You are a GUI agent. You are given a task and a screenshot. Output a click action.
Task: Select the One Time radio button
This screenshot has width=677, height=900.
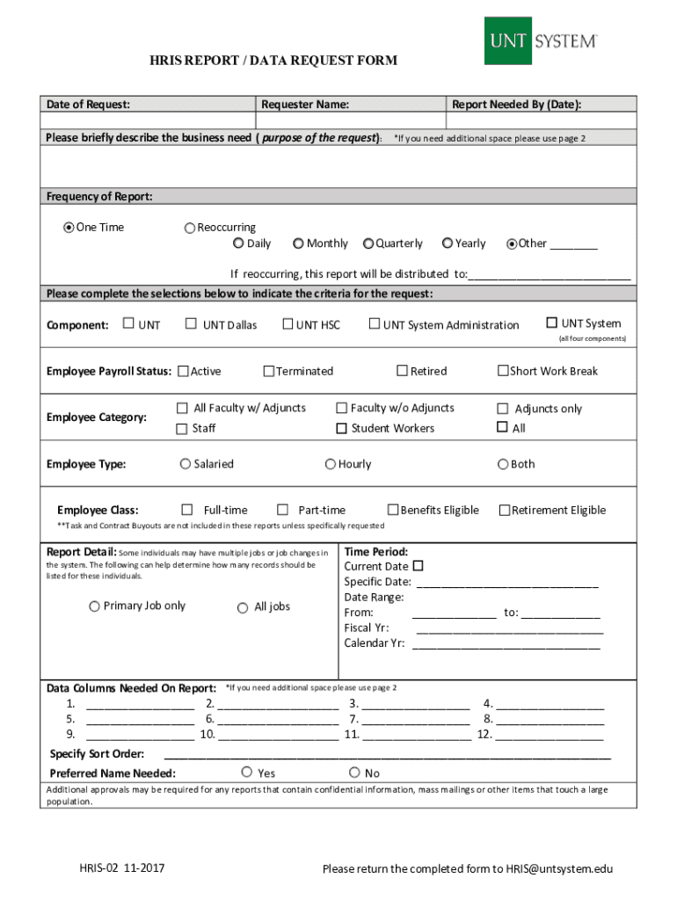click(x=69, y=228)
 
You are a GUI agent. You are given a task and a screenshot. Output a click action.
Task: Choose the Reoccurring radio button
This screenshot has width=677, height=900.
click(x=189, y=229)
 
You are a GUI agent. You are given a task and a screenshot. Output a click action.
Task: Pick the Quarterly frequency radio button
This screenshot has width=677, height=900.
click(x=369, y=243)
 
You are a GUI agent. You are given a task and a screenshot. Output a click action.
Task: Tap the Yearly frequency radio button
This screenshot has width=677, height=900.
click(x=448, y=243)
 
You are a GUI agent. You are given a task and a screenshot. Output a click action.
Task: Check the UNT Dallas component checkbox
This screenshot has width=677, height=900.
click(x=191, y=324)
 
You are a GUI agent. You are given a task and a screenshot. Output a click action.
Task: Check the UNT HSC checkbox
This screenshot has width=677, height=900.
click(x=288, y=324)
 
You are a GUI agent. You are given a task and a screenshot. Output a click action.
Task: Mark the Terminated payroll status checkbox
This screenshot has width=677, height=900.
click(x=269, y=371)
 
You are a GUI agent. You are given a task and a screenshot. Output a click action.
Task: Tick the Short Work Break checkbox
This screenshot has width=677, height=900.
click(x=504, y=371)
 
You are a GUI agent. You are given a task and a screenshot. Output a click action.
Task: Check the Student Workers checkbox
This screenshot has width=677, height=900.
click(x=341, y=428)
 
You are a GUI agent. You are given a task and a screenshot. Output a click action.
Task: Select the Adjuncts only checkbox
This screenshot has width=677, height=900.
click(x=503, y=409)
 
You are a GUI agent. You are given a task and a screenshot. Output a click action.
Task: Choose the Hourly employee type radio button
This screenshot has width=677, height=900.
click(x=331, y=464)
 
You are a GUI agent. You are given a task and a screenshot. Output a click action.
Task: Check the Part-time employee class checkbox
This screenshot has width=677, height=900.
click(x=282, y=510)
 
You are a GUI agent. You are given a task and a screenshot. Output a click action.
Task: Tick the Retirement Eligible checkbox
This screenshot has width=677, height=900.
click(x=505, y=510)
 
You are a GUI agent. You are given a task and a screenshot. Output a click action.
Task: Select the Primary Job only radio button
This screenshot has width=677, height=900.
click(x=94, y=606)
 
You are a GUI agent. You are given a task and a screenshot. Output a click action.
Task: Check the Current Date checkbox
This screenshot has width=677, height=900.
click(x=419, y=565)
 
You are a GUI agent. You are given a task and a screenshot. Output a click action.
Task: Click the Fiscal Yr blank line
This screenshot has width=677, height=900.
click(x=509, y=628)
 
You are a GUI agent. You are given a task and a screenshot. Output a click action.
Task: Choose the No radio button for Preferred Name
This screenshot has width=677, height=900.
click(x=354, y=773)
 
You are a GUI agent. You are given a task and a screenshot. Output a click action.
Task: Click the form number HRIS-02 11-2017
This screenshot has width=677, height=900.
click(x=121, y=869)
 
